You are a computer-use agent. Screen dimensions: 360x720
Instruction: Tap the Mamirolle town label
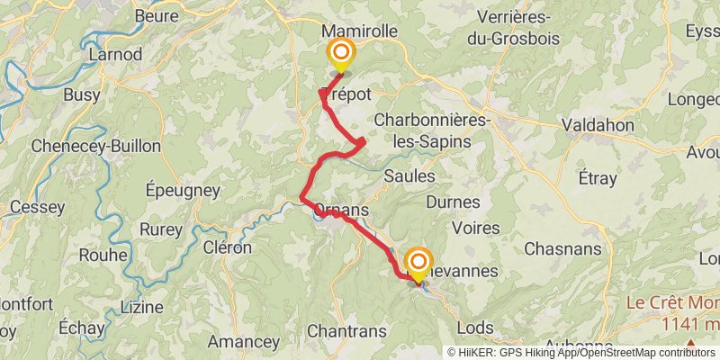359,31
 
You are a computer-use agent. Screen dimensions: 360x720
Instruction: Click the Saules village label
409,175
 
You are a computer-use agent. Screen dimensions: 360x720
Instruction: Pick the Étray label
598,178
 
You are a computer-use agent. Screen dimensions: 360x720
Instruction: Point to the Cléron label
227,247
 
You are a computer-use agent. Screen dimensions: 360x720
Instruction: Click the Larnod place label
115,54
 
